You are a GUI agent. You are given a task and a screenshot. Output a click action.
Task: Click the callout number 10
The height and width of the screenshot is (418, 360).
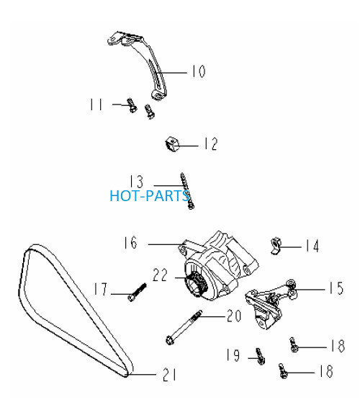pos(199,71)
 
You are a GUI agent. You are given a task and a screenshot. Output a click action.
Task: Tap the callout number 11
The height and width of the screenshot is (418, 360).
pos(96,104)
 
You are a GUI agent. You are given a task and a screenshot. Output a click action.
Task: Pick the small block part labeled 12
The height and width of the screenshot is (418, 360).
pos(172,144)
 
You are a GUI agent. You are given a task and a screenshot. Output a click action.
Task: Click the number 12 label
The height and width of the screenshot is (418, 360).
pos(211,144)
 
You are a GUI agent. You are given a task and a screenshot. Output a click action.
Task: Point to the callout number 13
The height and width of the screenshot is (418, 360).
pos(136,182)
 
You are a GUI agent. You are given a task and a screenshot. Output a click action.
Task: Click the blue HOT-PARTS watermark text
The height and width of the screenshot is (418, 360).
pos(150,196)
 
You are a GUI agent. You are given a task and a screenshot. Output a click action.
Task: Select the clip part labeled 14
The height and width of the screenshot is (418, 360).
pos(276,246)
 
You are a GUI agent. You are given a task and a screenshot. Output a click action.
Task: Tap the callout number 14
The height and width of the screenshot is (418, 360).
pos(312,246)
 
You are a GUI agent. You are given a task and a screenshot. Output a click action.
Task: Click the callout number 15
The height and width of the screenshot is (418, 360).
pos(336,288)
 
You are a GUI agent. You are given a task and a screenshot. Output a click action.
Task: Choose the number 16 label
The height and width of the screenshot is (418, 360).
pos(130,243)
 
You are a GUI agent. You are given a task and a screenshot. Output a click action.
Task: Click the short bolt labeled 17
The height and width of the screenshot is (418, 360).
pos(137,293)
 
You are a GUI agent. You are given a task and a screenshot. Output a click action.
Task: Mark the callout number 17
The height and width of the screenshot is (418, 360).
pos(101,289)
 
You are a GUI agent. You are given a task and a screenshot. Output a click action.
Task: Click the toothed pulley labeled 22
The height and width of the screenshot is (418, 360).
pos(197,285)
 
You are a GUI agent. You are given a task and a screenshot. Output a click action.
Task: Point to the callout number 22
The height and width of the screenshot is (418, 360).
pos(160,275)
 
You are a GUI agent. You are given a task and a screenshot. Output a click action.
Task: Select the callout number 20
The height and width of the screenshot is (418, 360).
pos(234,316)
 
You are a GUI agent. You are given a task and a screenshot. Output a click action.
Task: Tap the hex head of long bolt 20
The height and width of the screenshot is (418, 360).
pos(169,340)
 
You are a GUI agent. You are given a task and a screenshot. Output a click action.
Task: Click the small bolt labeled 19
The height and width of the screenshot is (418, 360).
pos(260,356)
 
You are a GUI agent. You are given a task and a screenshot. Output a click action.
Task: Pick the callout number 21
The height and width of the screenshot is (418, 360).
pos(170,375)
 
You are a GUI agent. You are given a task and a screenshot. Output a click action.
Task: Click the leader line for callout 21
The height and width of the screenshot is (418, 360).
pos(141,375)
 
